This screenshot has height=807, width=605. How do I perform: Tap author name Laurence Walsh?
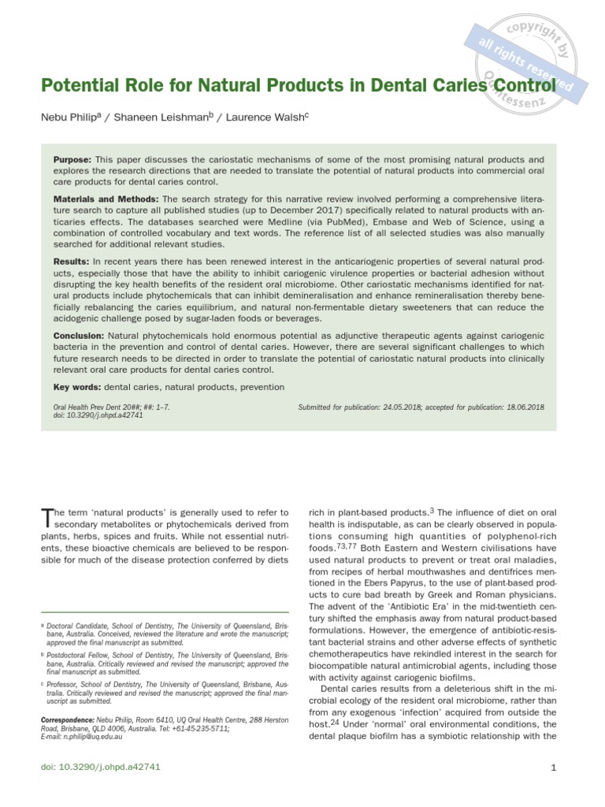click(x=265, y=117)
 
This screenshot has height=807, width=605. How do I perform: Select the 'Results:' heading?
click(x=72, y=261)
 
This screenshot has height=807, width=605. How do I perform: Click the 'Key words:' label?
click(x=76, y=387)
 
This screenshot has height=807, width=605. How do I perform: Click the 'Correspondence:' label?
click(x=67, y=720)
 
